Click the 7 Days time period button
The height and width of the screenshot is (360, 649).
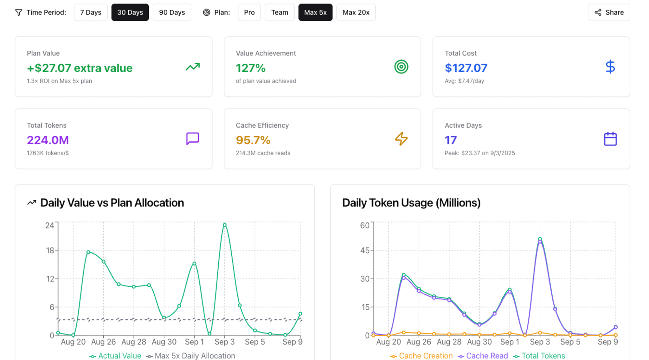pyautogui.click(x=91, y=12)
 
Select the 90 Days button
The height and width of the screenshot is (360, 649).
pyautogui.click(x=172, y=12)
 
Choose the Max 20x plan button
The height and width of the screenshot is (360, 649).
pyautogui.click(x=356, y=12)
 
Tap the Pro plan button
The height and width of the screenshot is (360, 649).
pyautogui.click(x=249, y=12)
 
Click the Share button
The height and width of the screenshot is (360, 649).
pyautogui.click(x=609, y=12)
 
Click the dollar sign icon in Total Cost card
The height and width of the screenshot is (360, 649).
pyautogui.click(x=610, y=67)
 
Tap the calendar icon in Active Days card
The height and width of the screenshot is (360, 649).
pyautogui.click(x=610, y=139)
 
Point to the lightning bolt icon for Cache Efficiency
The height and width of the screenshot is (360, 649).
pyautogui.click(x=401, y=139)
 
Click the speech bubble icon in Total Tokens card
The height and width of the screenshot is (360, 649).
pyautogui.click(x=192, y=139)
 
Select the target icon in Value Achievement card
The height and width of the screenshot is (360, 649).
pyautogui.click(x=401, y=67)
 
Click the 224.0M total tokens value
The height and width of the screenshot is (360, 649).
pyautogui.click(x=48, y=140)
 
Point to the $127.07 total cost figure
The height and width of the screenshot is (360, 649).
pyautogui.click(x=466, y=68)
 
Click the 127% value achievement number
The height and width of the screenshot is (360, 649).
pyautogui.click(x=250, y=68)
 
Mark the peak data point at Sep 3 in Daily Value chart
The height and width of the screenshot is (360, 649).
pyautogui.click(x=225, y=225)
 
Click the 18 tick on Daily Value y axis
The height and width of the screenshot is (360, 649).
pyautogui.click(x=50, y=250)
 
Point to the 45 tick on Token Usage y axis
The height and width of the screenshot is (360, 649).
pyautogui.click(x=365, y=250)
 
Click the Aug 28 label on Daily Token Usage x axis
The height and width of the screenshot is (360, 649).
pyautogui.click(x=449, y=342)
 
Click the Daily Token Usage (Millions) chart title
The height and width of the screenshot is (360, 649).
pyautogui.click(x=411, y=203)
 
